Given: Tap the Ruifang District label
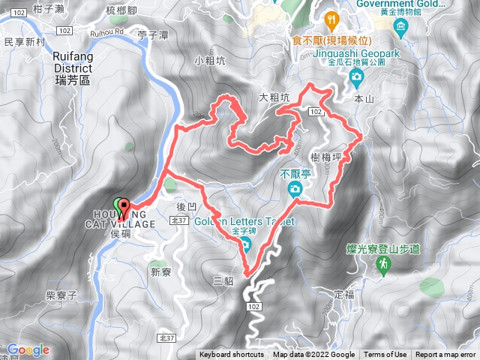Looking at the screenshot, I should click(x=72, y=61).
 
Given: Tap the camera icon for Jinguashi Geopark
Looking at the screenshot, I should click(x=357, y=76).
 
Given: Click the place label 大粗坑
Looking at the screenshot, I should click(x=274, y=97).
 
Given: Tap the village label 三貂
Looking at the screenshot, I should click(x=224, y=282).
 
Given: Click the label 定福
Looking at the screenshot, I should click(x=343, y=293).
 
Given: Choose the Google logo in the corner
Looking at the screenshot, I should click(x=28, y=349).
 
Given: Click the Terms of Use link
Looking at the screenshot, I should click(x=385, y=355).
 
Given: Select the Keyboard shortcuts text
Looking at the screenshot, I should click(x=231, y=355).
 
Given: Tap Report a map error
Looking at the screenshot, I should click(x=445, y=355).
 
